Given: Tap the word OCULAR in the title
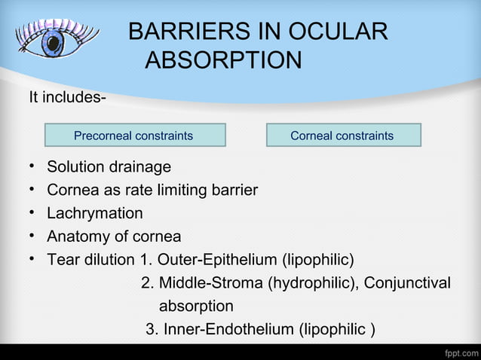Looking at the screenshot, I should (x=344, y=32).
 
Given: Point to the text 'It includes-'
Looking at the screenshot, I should (x=66, y=99).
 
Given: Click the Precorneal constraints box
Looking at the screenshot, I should (x=134, y=136).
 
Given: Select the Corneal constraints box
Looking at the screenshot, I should (x=342, y=136).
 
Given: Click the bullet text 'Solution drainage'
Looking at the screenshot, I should (x=109, y=166).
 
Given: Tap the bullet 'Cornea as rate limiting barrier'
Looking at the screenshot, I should (x=152, y=190).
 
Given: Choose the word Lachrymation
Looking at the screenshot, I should (x=95, y=213).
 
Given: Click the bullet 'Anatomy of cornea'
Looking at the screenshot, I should (x=114, y=236).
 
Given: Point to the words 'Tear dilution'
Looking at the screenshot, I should (x=91, y=260).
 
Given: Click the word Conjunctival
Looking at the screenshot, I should (x=407, y=283).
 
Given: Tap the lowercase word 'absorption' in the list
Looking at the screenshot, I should (x=196, y=307).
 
